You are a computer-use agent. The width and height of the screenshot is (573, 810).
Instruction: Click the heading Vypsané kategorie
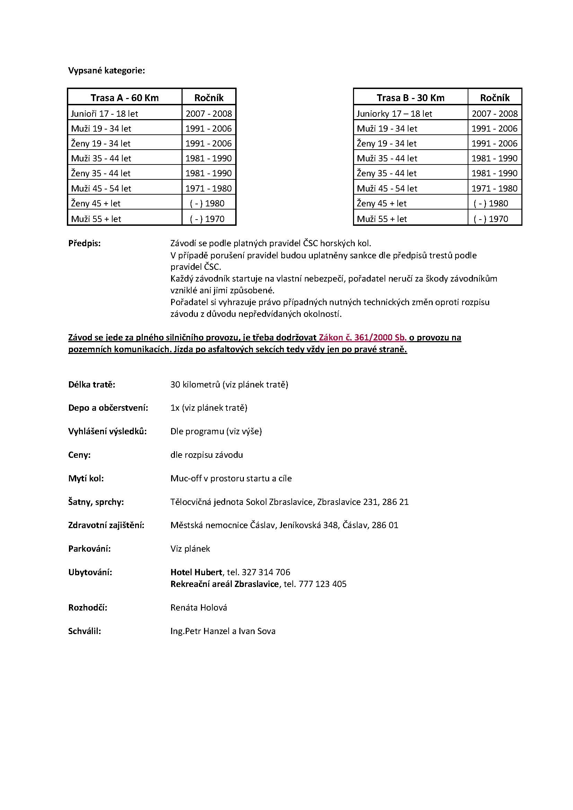coord(106,71)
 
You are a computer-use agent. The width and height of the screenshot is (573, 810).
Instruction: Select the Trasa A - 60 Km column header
coord(125,98)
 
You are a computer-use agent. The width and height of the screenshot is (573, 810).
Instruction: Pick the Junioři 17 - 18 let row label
coord(104,114)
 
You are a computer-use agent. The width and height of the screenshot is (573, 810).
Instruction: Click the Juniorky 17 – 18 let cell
coord(394,114)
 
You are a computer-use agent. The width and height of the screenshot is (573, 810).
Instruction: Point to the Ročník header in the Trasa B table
coord(495,98)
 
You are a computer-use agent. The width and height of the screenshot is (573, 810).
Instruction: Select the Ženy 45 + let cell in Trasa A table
coord(96,204)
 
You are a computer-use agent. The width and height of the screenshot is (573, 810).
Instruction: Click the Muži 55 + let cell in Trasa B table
coord(382,219)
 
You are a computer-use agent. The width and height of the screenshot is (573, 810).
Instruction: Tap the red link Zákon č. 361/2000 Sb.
coord(363,338)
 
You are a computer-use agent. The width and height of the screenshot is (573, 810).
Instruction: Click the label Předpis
coord(84,243)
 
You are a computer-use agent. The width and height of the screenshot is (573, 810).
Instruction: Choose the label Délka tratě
coord(92,384)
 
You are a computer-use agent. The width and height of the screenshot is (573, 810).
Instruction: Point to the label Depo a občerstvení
coord(108,408)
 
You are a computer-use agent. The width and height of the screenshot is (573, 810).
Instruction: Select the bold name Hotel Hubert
coord(196,572)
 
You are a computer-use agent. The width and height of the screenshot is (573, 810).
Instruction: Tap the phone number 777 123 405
coord(323,584)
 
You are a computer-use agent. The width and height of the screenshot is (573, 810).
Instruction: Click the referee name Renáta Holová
coord(199,608)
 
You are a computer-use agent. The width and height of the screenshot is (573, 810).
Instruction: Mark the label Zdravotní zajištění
coord(106,525)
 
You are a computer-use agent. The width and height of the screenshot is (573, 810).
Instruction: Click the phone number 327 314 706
coord(266,572)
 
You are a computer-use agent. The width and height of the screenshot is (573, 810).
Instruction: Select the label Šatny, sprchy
coord(96,502)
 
